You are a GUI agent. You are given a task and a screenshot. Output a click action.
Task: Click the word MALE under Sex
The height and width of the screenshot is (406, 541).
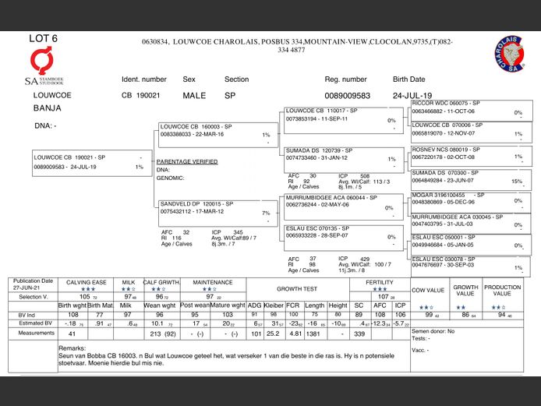(x=195, y=95)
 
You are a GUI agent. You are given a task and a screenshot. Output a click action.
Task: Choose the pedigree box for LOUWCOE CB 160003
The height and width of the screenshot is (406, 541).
(x=211, y=130)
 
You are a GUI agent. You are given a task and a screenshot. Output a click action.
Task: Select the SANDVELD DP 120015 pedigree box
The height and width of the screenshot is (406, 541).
(x=211, y=208)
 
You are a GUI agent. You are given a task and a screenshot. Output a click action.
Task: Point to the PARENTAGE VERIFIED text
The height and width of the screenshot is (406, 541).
(x=187, y=161)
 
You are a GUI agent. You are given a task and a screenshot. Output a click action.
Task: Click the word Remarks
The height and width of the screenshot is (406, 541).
(x=72, y=348)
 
